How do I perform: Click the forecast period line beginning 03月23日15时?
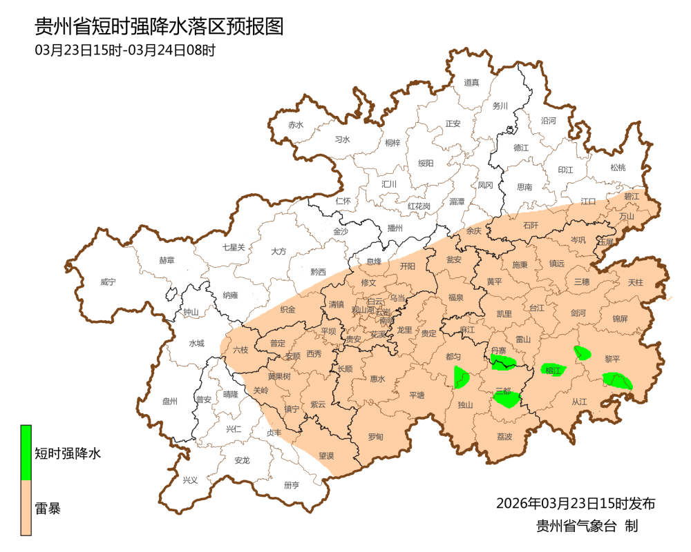(x=125, y=50)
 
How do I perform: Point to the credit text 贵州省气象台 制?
(x=587, y=526)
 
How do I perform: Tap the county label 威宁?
(x=108, y=282)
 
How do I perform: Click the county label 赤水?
(x=296, y=125)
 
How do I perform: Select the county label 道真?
(x=471, y=83)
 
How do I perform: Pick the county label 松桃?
(x=617, y=167)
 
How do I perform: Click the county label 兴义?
(x=189, y=480)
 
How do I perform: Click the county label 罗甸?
(x=375, y=437)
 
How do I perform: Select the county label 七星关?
(x=234, y=246)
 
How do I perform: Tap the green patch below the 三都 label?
(x=507, y=399)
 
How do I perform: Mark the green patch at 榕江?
(x=553, y=370)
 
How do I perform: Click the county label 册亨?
(x=292, y=484)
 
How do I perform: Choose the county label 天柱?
(x=635, y=282)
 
